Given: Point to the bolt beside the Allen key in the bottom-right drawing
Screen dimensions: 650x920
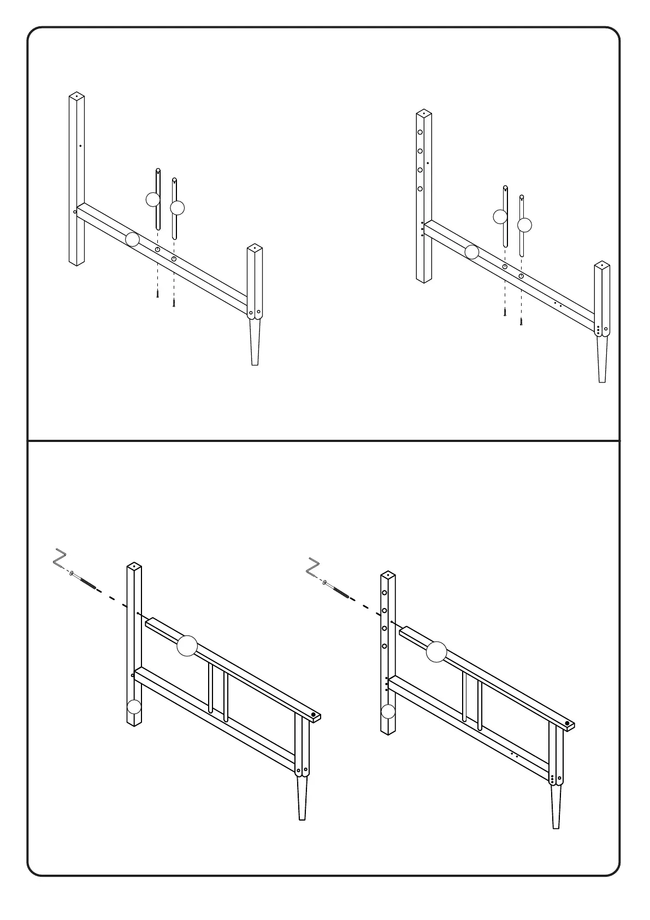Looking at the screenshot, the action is [x=337, y=589].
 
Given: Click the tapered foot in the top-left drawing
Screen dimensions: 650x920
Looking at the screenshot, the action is [x=255, y=342].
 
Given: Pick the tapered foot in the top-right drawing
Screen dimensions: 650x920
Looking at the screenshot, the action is [x=602, y=359].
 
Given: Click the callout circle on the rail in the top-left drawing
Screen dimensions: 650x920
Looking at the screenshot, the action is [x=132, y=239].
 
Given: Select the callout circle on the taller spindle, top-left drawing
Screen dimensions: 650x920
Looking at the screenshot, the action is [x=153, y=200].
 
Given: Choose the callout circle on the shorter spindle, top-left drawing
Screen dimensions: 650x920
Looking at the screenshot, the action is [x=178, y=208].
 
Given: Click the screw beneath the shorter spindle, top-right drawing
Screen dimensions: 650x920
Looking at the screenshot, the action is [x=521, y=322].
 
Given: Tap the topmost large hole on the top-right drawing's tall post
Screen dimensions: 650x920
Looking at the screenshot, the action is [x=420, y=132].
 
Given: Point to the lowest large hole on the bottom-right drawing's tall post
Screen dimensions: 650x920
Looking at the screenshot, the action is [x=385, y=646].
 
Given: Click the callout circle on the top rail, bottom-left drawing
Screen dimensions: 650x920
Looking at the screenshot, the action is [x=187, y=646].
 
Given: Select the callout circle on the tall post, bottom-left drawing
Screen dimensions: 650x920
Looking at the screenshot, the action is [x=133, y=708].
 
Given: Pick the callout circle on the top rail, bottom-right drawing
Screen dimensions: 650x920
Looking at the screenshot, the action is [x=436, y=652].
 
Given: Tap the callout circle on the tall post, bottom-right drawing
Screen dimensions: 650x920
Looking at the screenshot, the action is [x=388, y=712].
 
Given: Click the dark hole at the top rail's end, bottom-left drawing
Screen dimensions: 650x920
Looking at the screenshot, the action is [x=314, y=715].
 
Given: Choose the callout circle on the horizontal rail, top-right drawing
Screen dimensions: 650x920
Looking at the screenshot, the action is [x=472, y=252].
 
